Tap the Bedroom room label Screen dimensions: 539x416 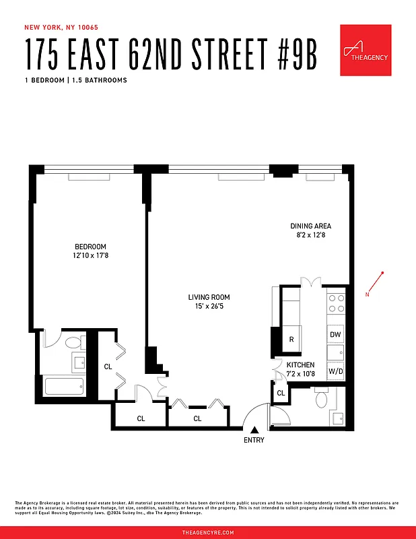[x=90, y=251]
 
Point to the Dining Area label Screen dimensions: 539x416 [x=310, y=230]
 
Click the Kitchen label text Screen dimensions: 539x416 [x=300, y=369]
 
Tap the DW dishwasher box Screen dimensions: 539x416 [x=335, y=334]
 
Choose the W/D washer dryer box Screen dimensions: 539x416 [x=335, y=371]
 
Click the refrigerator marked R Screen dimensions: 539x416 [x=291, y=340]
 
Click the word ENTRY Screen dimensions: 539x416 [x=254, y=441]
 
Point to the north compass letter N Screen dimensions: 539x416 [x=368, y=295]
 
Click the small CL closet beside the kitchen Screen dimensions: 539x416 [x=281, y=393]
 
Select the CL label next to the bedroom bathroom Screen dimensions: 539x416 [x=108, y=367]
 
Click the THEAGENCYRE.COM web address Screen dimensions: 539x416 [x=208, y=532]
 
